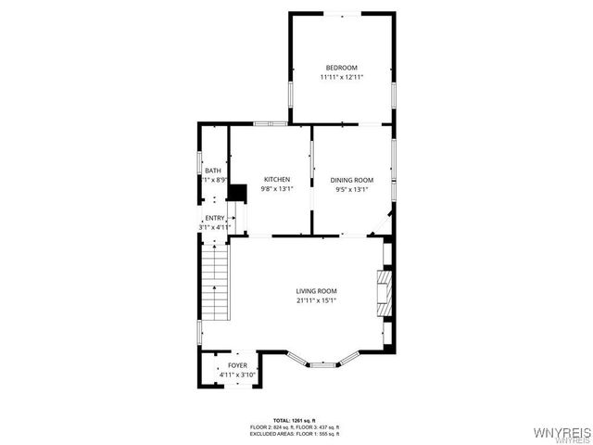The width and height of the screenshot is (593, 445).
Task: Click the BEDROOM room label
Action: click(341, 67)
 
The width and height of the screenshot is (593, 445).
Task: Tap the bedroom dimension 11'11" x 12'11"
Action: click(341, 78)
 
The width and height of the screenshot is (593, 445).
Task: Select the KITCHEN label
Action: click(277, 179)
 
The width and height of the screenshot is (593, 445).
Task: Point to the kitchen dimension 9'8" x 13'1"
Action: click(277, 189)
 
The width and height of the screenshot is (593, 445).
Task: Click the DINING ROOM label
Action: click(352, 179)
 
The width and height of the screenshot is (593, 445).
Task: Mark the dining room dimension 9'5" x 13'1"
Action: click(352, 189)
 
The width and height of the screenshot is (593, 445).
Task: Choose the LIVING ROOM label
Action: click(316, 290)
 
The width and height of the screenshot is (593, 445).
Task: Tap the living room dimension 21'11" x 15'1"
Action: click(316, 300)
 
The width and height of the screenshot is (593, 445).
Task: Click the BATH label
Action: click(213, 171)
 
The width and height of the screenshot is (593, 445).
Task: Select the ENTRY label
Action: click(214, 218)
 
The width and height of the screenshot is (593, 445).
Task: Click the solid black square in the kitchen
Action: click(238, 192)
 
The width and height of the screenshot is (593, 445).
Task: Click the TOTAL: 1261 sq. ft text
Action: click(295, 420)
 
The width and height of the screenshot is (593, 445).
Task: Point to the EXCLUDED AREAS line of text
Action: click(295, 433)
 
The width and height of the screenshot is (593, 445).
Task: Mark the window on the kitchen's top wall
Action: click(270, 123)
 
